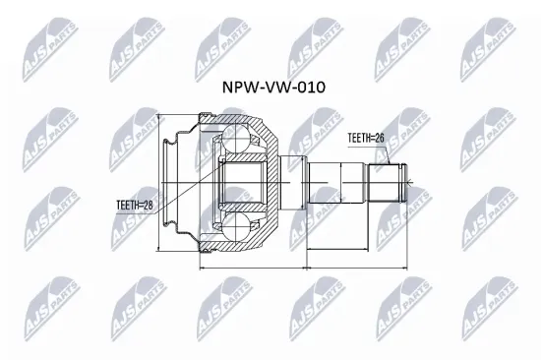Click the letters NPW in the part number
[237, 87]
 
